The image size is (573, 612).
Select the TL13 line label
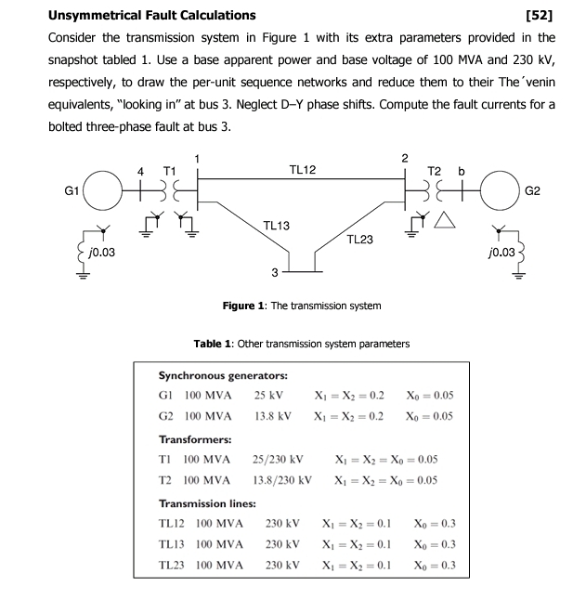click(276, 226)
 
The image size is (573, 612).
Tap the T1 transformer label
click(169, 170)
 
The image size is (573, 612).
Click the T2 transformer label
click(435, 170)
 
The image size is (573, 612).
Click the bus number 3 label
click(274, 273)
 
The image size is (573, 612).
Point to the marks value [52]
click(540, 15)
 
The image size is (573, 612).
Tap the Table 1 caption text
click(301, 344)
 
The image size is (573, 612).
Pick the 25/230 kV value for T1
click(279, 459)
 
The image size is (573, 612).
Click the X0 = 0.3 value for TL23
click(433, 565)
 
